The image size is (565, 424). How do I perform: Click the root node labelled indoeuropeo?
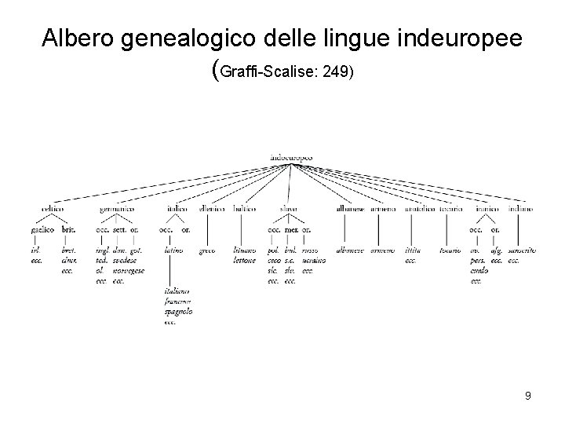[x=290, y=157]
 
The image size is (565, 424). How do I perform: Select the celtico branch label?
[x=53, y=209]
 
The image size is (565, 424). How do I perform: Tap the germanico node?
[x=117, y=209]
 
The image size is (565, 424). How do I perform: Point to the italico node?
[x=177, y=209]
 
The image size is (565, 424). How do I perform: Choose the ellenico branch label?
[x=211, y=209]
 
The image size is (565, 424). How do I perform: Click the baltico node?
[x=246, y=209]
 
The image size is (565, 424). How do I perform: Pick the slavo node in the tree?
[x=288, y=209]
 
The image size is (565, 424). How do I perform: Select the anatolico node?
[x=421, y=209]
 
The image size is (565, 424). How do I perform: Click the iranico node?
[x=486, y=209]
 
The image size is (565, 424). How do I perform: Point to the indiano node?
[x=520, y=209]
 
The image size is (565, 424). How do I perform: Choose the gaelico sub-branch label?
[x=42, y=230]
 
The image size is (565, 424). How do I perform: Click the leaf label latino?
[x=173, y=250]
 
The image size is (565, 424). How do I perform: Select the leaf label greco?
[x=206, y=250]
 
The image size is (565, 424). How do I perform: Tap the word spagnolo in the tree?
[x=179, y=312]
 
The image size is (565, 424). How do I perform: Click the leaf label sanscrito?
[x=522, y=250]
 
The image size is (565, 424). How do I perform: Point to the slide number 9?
[x=528, y=396]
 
